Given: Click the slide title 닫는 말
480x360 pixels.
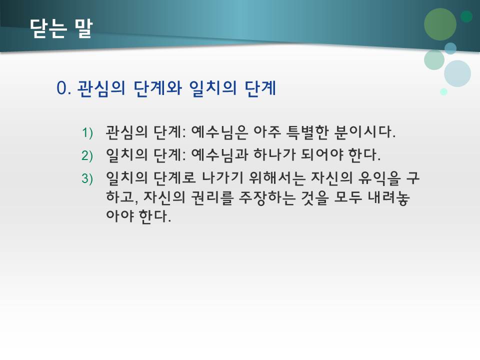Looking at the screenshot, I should click(60, 28).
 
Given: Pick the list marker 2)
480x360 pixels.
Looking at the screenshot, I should click(87, 155).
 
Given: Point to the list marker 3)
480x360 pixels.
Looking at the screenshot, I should click(87, 178).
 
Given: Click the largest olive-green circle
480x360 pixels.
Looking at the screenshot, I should click(440, 24).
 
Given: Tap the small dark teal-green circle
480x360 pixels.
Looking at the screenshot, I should click(466, 16).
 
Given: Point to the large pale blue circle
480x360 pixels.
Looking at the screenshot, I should click(457, 73).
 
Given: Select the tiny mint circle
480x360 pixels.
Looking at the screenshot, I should click(443, 91).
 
